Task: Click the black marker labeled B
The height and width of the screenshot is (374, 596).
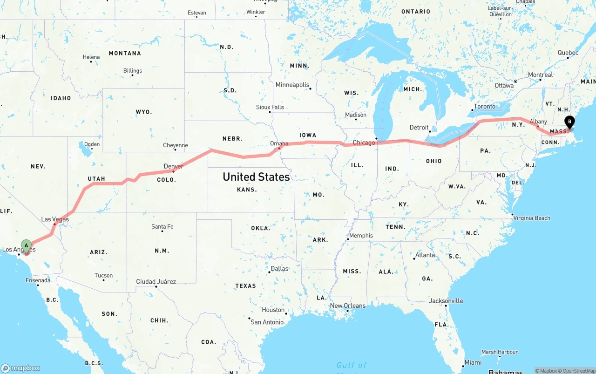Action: click(x=569, y=122)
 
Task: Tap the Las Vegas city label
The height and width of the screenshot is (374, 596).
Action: click(x=55, y=219)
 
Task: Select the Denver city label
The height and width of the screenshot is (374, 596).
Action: click(x=173, y=166)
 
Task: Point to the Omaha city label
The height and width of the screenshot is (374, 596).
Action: click(x=279, y=143)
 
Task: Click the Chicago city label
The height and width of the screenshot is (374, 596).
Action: click(x=364, y=143)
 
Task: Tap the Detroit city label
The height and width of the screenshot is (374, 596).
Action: click(x=419, y=127)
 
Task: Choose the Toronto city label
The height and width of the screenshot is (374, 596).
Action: click(x=485, y=107)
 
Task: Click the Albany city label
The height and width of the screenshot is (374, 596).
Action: click(x=538, y=122)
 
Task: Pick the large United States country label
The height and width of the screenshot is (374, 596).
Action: click(x=256, y=177)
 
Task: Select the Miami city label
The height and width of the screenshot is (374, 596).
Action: click(x=473, y=362)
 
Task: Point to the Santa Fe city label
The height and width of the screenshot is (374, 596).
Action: click(x=162, y=227)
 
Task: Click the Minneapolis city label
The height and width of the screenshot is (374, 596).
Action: click(x=292, y=85)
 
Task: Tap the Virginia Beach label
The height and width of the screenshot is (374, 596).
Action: click(x=531, y=218)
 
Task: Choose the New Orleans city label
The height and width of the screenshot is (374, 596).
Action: click(x=347, y=306)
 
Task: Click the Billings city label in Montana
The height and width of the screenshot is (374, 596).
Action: click(x=133, y=71)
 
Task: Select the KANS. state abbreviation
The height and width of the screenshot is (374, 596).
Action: click(x=247, y=190)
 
